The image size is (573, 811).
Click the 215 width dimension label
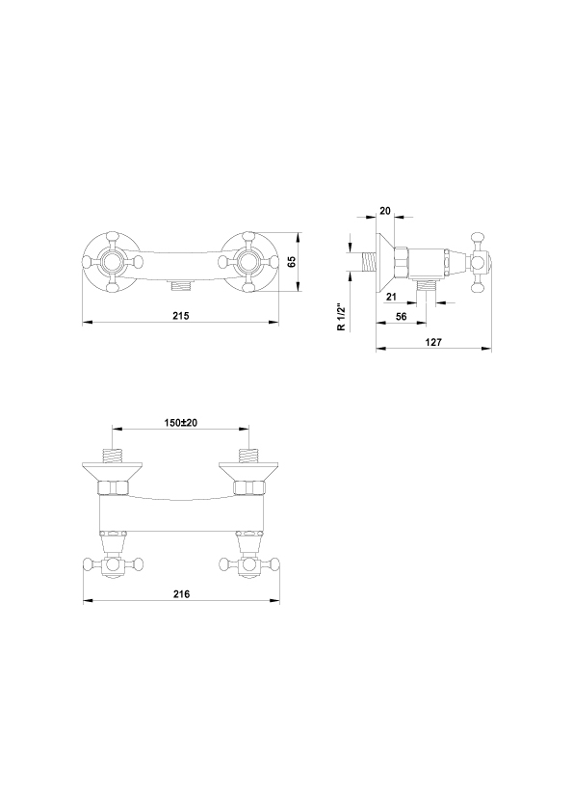coord(181,315)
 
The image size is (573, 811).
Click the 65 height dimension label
coord(292,261)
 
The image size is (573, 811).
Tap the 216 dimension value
coord(181,593)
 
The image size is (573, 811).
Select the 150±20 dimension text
coord(181,423)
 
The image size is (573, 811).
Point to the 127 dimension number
coord(433,342)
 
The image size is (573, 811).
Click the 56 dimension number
coord(402,317)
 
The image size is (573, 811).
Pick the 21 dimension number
coord(391,297)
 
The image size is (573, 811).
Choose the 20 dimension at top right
coord(385,211)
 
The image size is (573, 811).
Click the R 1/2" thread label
coord(341,317)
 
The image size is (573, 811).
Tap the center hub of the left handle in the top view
coord(113,262)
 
